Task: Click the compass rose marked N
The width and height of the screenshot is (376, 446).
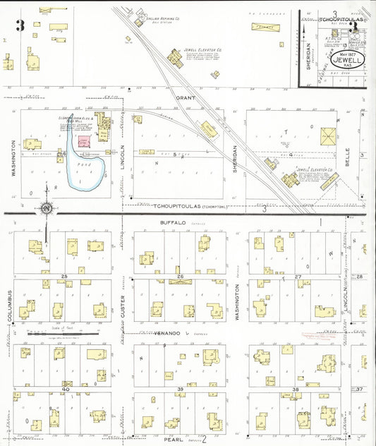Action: point(47,208)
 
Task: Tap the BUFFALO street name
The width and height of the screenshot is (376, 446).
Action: point(172,223)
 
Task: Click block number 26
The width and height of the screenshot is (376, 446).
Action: point(181,276)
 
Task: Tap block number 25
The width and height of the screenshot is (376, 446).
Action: point(64,276)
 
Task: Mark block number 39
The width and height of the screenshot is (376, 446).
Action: point(181,389)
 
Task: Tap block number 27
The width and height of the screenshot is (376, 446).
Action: point(297,276)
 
